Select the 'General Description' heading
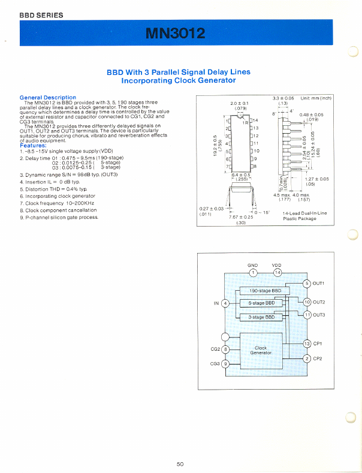coord(48,97)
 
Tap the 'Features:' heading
coord(33,145)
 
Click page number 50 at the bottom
coord(180,463)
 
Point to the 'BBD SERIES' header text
coord(41,15)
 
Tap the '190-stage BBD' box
coord(265,291)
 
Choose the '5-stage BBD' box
coord(265,304)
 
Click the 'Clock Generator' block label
coord(261,350)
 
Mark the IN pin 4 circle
coord(225,303)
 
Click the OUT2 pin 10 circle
coord(307,302)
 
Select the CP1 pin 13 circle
coord(307,344)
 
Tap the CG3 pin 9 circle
coord(225,363)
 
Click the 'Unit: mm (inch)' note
coord(316,98)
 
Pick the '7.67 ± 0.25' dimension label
coord(241,217)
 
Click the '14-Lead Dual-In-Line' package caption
coord(304,213)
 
